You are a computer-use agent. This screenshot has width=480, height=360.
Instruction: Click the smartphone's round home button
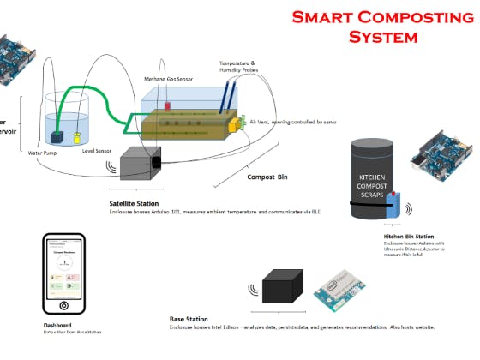pyautogui.click(x=63, y=305)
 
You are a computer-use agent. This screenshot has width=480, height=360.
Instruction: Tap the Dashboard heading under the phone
pyautogui.click(x=59, y=326)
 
